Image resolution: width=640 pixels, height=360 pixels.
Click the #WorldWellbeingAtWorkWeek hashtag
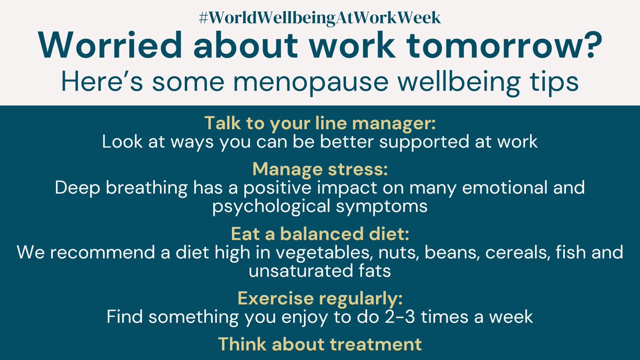319,17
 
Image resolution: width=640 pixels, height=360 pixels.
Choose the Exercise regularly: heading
320,298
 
